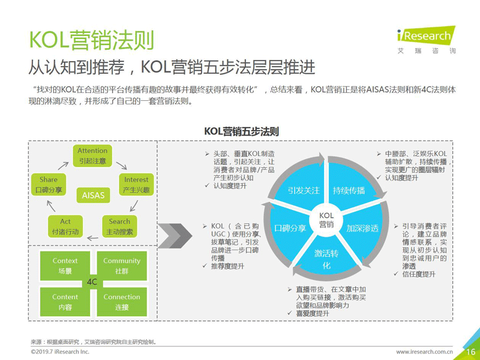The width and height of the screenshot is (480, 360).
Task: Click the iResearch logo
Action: tap(426, 40)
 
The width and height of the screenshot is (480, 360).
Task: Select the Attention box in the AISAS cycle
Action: tap(92, 156)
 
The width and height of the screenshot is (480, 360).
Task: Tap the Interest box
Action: tap(136, 185)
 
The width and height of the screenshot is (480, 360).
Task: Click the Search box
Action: tap(119, 227)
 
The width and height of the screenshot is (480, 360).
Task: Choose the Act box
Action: tap(65, 227)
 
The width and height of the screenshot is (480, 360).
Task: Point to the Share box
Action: tap(49, 185)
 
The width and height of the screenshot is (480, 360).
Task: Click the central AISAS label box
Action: tap(93, 196)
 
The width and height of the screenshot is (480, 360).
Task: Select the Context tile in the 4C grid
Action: tap(65, 266)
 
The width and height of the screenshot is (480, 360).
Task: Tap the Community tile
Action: tap(122, 266)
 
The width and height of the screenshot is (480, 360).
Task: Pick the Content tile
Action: tap(65, 302)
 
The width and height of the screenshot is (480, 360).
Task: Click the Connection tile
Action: tap(122, 302)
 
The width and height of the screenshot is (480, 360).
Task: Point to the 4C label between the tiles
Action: tap(92, 282)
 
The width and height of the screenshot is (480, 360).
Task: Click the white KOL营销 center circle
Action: tap(326, 220)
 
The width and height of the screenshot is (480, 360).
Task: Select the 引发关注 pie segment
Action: tap(302, 187)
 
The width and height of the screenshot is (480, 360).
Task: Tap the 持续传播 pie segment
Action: tap(350, 187)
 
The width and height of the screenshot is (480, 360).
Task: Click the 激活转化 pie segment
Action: tap(326, 257)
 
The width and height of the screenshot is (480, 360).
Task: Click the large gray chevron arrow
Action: tap(175, 236)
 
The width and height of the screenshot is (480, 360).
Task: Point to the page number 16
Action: tap(471, 352)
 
